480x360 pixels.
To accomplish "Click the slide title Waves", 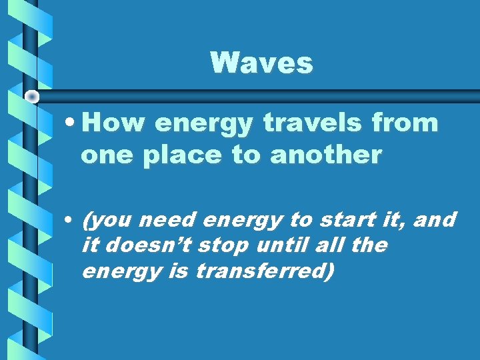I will (261, 63).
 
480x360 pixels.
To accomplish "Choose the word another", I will (326, 155).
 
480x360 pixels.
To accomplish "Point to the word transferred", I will (262, 271).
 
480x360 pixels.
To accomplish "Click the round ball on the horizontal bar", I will (31, 97).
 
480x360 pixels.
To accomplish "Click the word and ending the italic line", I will (433, 219).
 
